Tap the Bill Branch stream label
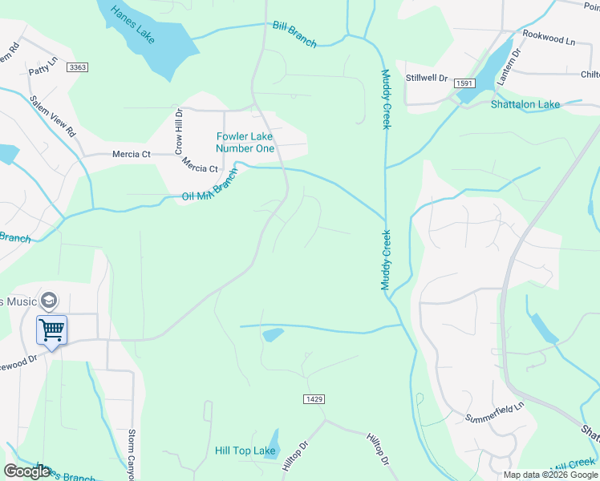(x=294, y=34)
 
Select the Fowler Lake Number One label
(x=245, y=143)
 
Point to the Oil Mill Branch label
(x=210, y=185)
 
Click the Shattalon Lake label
(x=525, y=105)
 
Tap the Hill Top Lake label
(x=245, y=451)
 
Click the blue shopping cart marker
(x=51, y=329)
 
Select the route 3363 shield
(x=78, y=67)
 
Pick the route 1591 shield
(x=463, y=83)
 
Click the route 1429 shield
(x=314, y=399)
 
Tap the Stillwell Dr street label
(x=425, y=79)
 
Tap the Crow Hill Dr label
(x=180, y=133)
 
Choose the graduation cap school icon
(x=48, y=300)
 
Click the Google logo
(x=26, y=471)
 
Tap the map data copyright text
(x=550, y=475)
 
